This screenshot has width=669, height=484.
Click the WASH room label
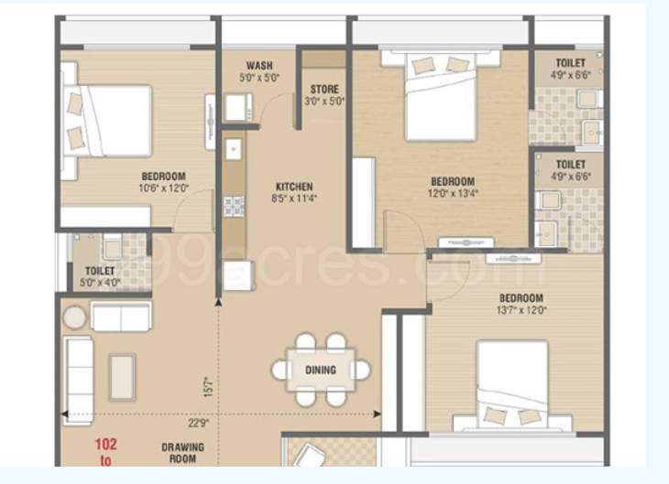coord(258,66)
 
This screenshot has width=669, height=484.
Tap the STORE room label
coord(324,90)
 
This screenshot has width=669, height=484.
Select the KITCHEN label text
coord(293,186)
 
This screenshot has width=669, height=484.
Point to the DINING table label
coord(321,371)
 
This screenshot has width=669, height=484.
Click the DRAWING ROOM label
coord(182,453)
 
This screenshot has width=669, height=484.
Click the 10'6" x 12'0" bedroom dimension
coord(164,188)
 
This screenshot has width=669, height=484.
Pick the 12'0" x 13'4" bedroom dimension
coord(453,193)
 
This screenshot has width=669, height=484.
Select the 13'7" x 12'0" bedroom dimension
coord(521,310)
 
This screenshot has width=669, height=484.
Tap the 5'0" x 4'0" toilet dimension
coord(100,283)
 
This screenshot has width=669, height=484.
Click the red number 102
coord(106,446)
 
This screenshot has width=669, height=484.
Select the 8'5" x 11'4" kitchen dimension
coord(293,198)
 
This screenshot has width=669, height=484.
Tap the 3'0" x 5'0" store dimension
coord(324,102)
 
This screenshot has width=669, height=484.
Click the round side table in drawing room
coord(75,317)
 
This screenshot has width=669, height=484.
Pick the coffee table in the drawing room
coord(122,377)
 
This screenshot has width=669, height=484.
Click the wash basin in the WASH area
coord(236,108)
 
